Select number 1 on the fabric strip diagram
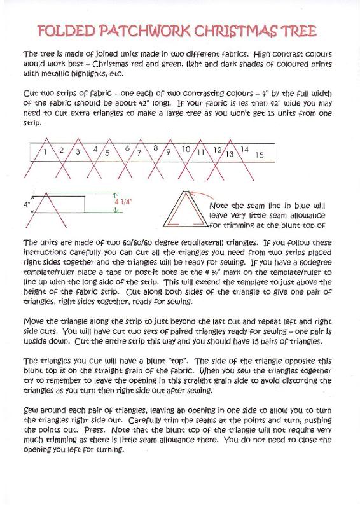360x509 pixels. coord(45,152)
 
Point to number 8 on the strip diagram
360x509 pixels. coord(155,148)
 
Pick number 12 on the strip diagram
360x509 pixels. coord(217,150)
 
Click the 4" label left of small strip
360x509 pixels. coord(27,204)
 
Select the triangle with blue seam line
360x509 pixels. coord(186,211)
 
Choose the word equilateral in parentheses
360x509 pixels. coord(190,242)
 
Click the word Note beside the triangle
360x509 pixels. coord(221,207)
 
